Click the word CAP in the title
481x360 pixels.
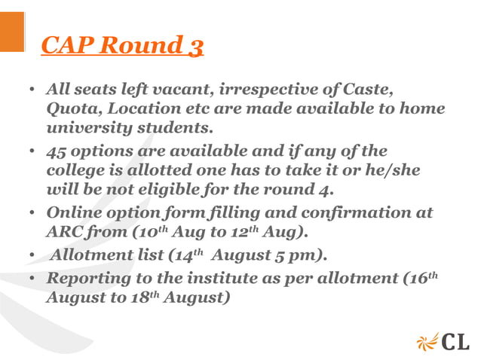point(68,45)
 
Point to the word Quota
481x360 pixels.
point(71,108)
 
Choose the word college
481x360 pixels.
point(78,171)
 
